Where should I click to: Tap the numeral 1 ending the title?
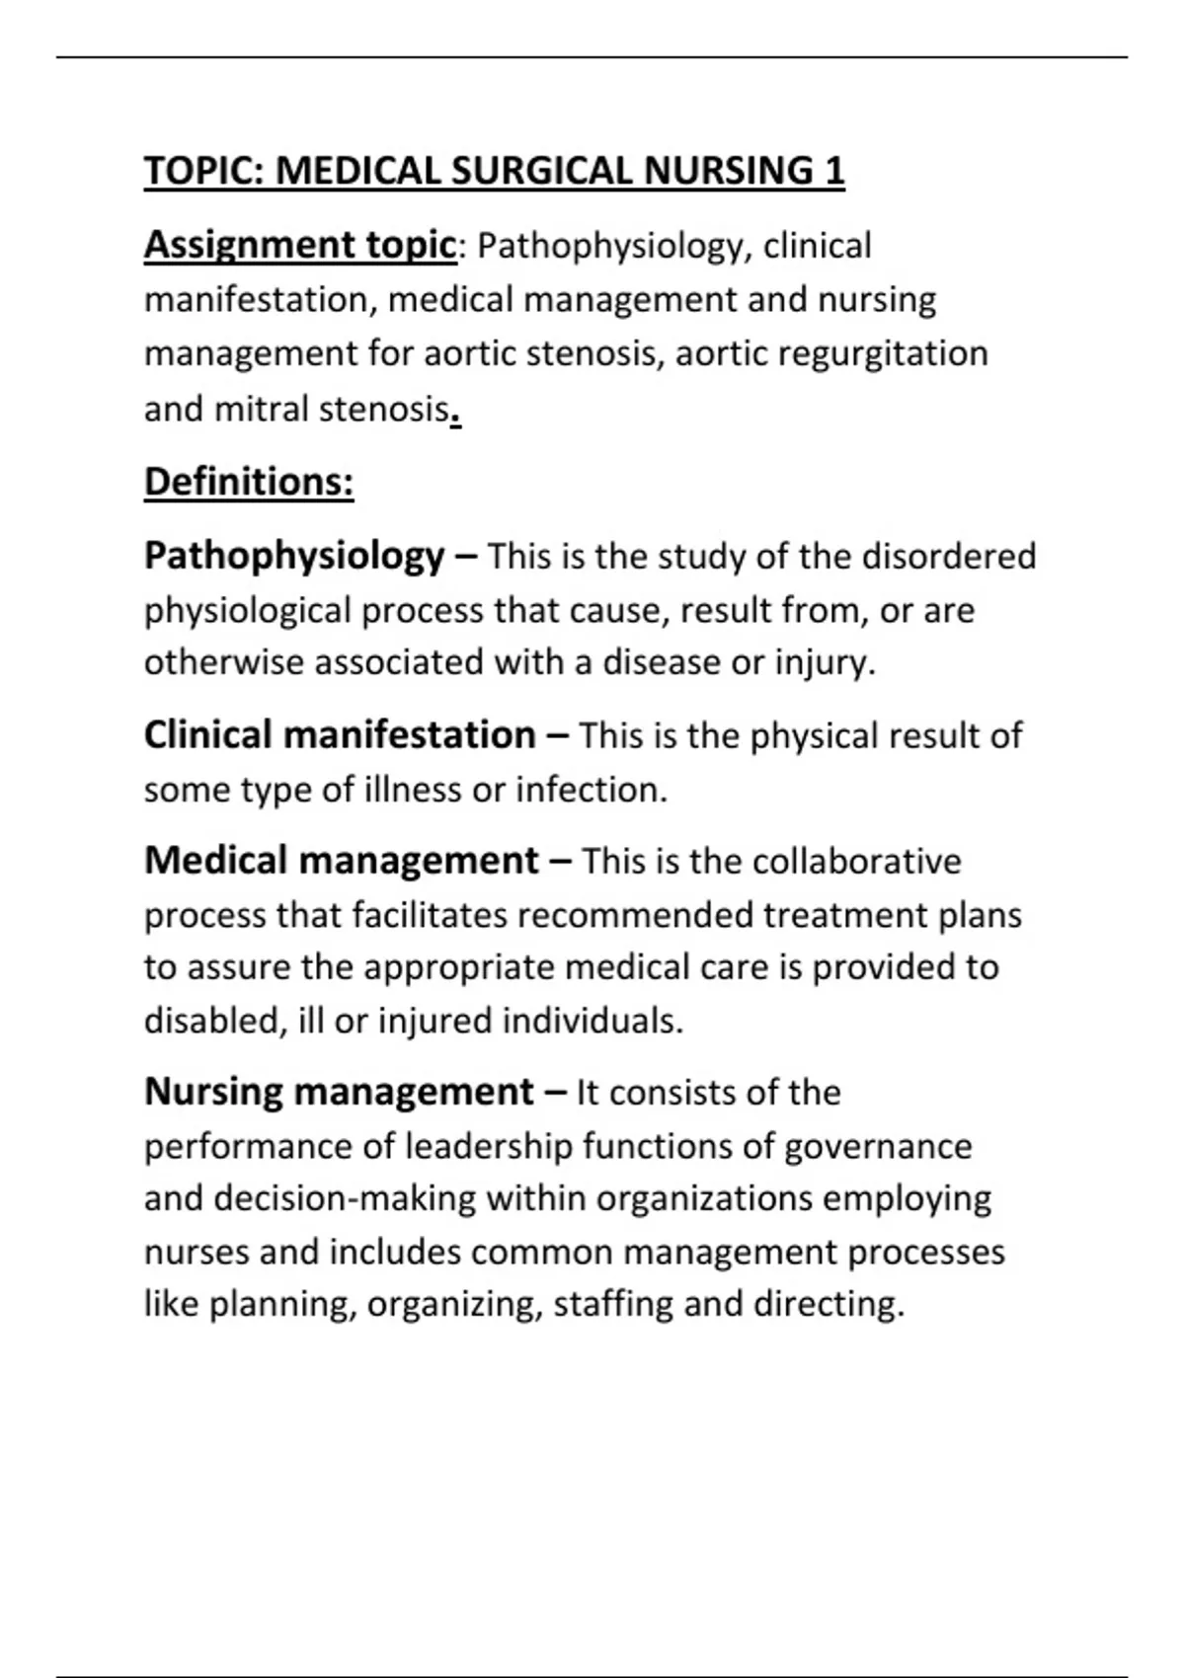point(833,171)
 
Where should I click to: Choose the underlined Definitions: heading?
point(249,482)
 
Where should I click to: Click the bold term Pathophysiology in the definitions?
point(294,557)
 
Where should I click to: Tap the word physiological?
point(247,611)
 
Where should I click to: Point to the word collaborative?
point(856,862)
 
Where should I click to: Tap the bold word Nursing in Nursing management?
point(213,1092)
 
